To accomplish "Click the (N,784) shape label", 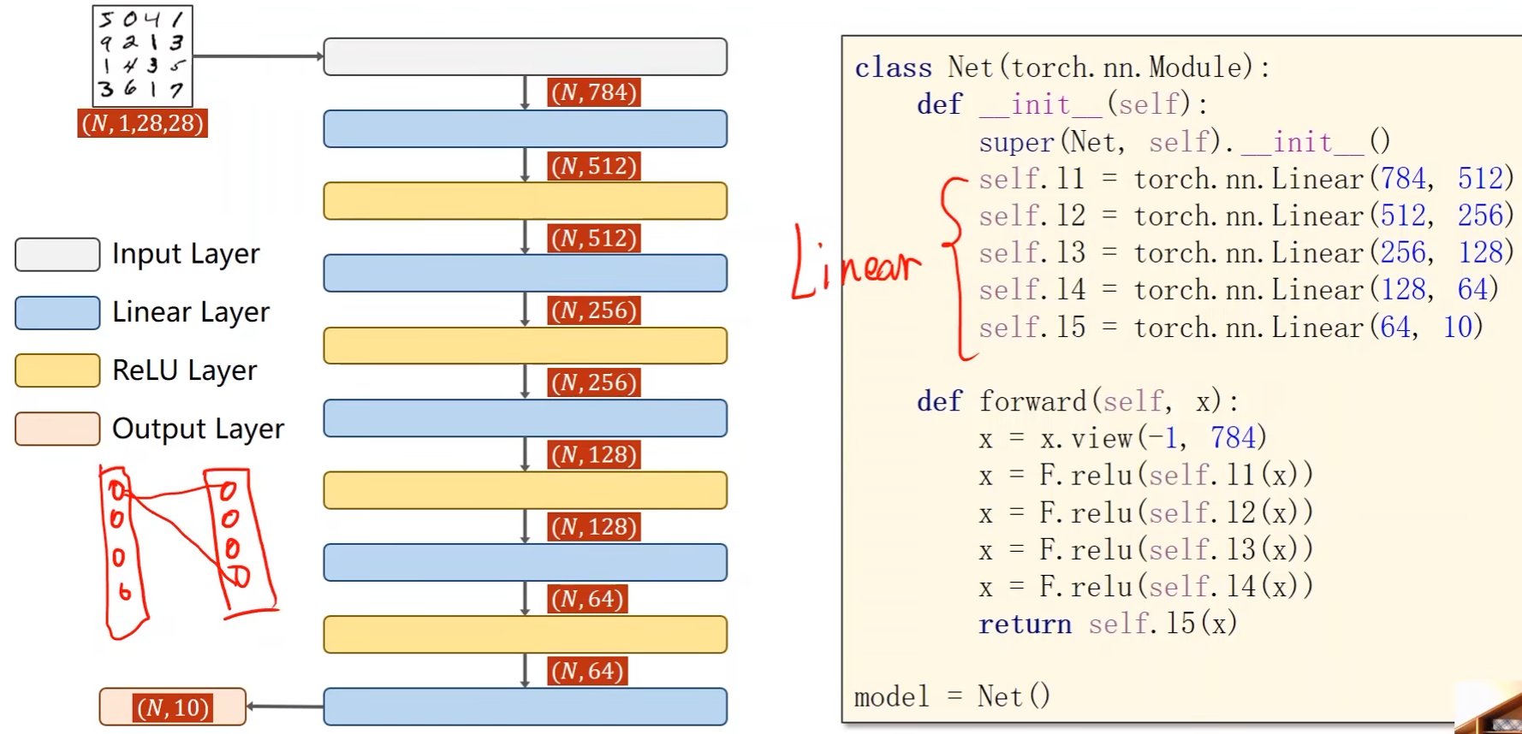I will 594,92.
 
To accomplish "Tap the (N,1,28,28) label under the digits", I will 142,123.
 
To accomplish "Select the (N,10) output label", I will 173,707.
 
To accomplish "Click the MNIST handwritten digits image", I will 142,56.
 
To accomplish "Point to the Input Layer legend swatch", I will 57,254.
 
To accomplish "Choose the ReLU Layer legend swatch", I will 57,370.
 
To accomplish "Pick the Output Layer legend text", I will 198,429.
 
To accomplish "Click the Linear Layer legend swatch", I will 57,312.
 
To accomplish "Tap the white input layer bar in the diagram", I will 525,56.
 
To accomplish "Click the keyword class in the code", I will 893,68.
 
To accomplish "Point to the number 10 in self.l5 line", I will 1457,327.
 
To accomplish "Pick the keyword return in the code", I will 1025,624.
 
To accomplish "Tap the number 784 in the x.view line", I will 1233,438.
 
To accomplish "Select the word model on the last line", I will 891,697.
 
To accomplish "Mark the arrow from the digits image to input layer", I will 258,56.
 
